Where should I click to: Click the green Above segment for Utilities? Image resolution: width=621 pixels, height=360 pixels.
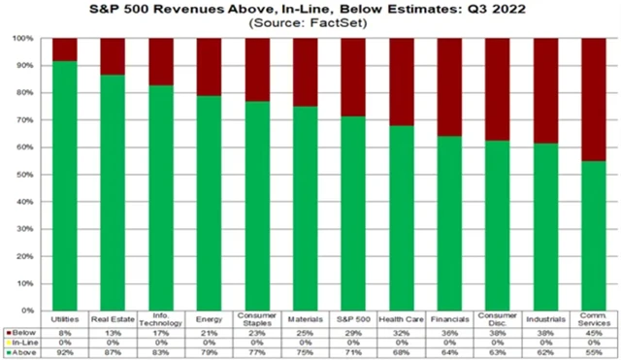[65, 184]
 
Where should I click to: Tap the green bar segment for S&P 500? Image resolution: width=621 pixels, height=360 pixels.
[352, 213]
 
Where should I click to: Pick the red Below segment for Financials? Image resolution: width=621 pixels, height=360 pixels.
[448, 87]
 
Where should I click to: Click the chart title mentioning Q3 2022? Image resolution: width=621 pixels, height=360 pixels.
[310, 9]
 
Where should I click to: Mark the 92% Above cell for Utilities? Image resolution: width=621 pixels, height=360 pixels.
[65, 351]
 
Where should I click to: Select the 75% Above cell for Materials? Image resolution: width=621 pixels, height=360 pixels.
[305, 351]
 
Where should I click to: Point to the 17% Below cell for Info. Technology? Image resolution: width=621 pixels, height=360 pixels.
[161, 332]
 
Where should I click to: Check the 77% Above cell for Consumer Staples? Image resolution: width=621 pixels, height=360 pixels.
[257, 351]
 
